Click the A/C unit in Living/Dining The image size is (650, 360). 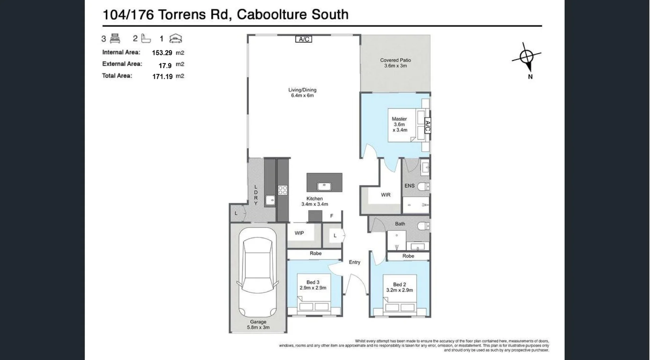304,39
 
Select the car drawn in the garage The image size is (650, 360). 258,273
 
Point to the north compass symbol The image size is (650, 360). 526,57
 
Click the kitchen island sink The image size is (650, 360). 324,186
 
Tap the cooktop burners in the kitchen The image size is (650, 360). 283,190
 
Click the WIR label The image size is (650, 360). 386,195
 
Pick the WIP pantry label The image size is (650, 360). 299,233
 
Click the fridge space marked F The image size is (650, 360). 332,216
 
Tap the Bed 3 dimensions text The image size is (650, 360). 313,288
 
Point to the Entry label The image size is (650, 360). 354,262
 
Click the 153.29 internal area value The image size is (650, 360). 162,53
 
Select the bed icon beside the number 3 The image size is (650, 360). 115,39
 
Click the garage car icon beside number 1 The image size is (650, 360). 175,39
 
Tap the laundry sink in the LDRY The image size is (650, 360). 270,200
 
